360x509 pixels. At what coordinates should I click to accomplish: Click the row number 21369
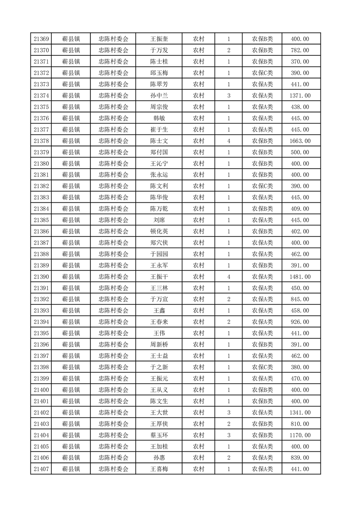[x=41, y=39]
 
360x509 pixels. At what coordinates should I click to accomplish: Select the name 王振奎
[x=159, y=39]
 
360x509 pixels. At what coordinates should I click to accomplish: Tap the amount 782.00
[x=300, y=50]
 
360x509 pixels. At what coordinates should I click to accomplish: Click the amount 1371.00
[x=300, y=96]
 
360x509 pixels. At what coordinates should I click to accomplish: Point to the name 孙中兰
[x=159, y=96]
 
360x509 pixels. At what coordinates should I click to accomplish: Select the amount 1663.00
[x=300, y=141]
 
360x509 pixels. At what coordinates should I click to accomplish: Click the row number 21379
[x=41, y=152]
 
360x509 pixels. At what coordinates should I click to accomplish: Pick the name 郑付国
[x=159, y=152]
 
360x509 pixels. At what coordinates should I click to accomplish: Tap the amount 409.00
[x=300, y=209]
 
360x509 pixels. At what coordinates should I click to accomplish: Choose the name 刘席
[x=159, y=220]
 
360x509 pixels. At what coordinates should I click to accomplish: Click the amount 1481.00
[x=300, y=277]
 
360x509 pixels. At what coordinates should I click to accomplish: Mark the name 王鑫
[x=159, y=311]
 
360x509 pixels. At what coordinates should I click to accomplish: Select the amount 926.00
[x=300, y=322]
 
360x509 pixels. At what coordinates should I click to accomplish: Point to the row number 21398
[x=41, y=367]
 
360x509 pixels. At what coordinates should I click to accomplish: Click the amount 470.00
[x=300, y=378]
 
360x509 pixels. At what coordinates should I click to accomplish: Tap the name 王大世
[x=159, y=412]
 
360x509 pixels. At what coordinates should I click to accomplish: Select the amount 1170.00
[x=300, y=435]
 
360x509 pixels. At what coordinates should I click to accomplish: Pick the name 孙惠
[x=159, y=458]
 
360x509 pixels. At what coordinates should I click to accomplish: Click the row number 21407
[x=41, y=469]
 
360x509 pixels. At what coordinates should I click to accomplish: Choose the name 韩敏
[x=159, y=118]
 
